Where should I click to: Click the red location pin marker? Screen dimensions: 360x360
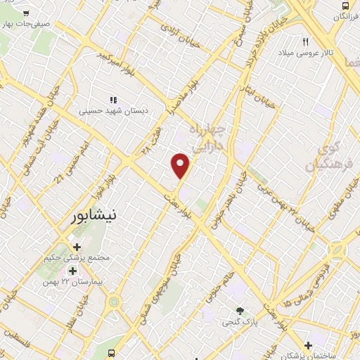coord(181,165)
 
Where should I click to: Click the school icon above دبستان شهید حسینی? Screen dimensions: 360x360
coord(113,99)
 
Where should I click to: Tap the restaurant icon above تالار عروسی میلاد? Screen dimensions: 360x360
coord(306,41)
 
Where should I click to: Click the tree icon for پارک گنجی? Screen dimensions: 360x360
coord(240,310)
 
